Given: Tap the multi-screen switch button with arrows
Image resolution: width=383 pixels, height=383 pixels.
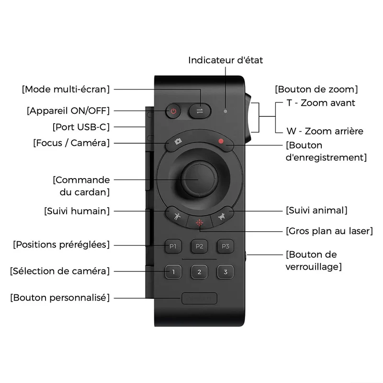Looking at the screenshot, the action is point(200,111).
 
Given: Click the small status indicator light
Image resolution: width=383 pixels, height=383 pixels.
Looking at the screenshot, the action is point(225,112).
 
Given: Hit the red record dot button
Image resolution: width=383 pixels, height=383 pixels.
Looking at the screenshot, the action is point(221,141).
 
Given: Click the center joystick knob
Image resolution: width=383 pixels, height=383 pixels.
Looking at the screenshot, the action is point(199,179).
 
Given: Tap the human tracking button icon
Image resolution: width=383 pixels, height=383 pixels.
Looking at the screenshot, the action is point(177,216).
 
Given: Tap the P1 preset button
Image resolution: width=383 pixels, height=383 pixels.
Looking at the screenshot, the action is point(173,246).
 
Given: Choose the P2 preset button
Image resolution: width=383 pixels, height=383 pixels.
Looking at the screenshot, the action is point(199,246).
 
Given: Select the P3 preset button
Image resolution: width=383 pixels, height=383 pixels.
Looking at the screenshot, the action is point(225,246).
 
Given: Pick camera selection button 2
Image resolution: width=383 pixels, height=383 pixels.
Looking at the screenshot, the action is point(199,272).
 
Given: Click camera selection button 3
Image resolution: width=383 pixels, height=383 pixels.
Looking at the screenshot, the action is point(225,272).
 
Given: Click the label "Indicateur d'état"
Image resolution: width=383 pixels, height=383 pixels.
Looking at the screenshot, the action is point(225,60).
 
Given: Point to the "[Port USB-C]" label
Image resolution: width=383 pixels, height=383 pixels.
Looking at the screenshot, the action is point(81,127).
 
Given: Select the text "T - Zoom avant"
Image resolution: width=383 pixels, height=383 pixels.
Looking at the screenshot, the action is point(321,103).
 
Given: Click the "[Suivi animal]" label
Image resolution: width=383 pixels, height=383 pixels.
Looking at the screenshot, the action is point(316,210).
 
